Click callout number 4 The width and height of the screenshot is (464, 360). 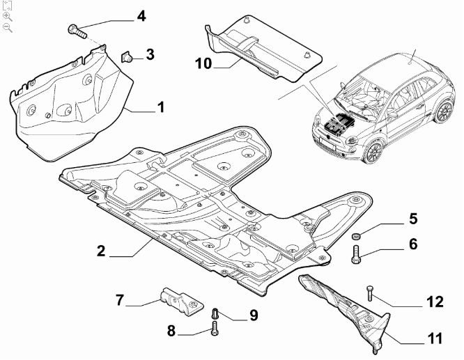(141, 15)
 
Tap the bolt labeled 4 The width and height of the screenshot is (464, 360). (76, 30)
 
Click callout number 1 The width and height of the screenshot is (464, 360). (160, 107)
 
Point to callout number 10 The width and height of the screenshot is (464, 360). (203, 65)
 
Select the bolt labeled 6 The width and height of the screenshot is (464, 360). (357, 255)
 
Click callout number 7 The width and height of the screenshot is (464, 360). (120, 301)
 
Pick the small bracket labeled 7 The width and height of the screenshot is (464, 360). (178, 299)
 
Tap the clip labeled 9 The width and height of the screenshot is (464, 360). (215, 312)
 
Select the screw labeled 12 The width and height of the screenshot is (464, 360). (369, 293)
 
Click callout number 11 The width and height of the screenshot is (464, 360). (435, 339)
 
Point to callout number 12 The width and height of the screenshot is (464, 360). (435, 302)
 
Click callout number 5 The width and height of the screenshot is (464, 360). (413, 219)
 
